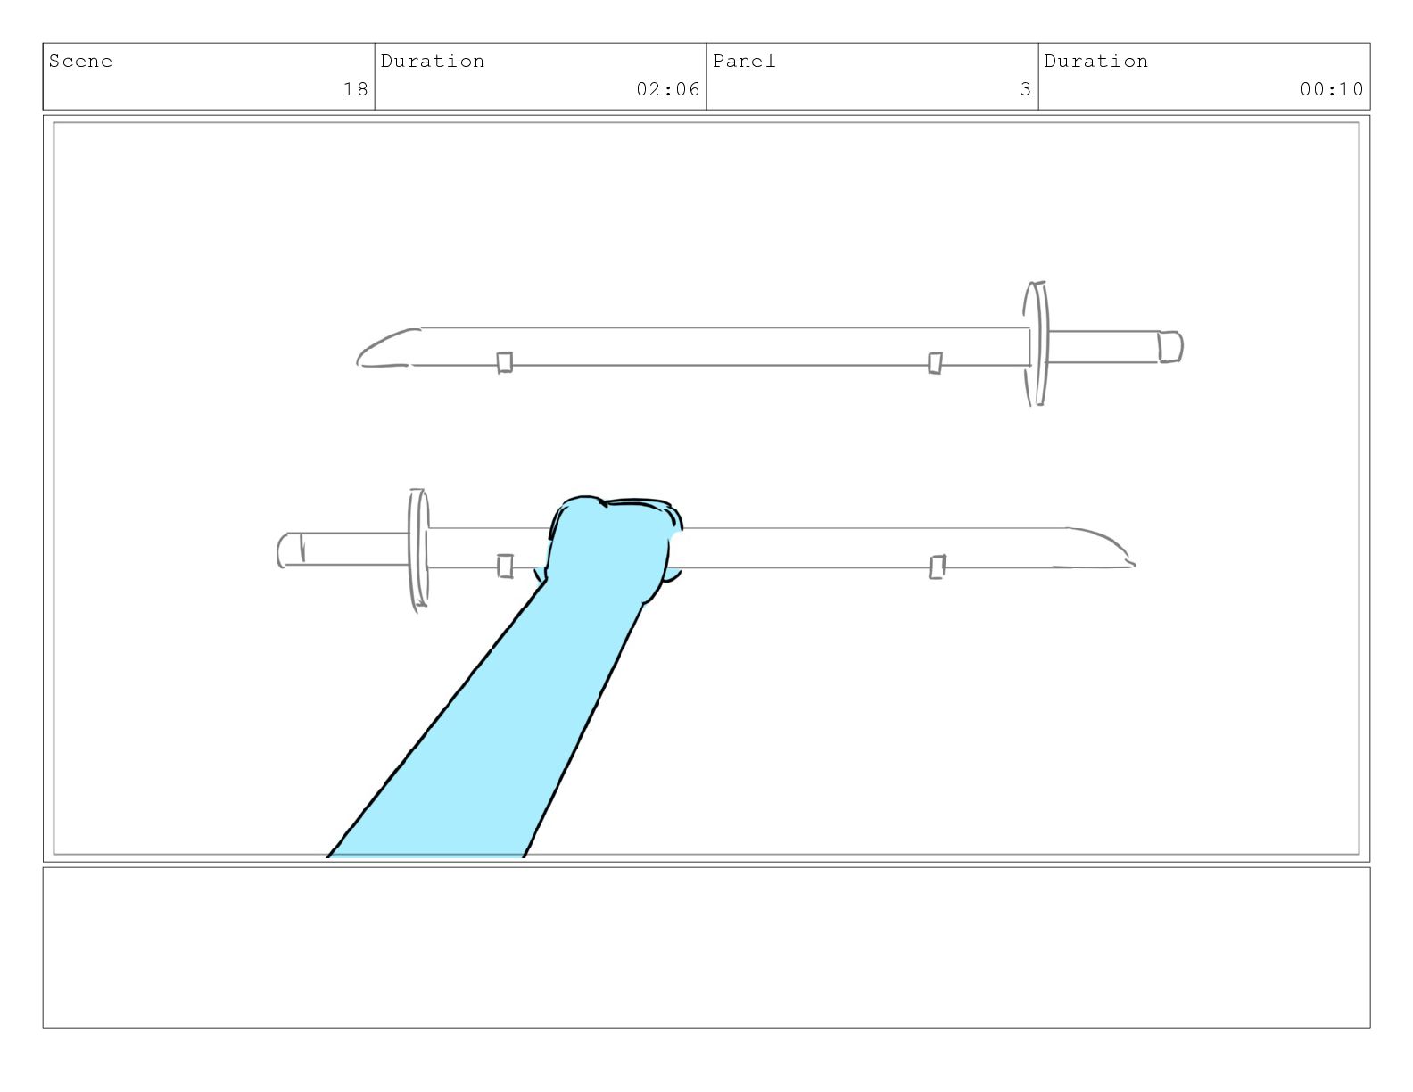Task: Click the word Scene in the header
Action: (x=80, y=62)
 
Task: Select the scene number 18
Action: (x=356, y=89)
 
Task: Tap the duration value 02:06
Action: (x=668, y=89)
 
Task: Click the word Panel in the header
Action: (x=744, y=62)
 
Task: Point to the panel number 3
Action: (x=1026, y=89)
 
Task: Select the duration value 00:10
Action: (x=1332, y=89)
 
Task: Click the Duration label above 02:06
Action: (x=433, y=62)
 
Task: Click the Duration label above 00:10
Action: (x=1095, y=62)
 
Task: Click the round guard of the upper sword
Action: (x=1037, y=343)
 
